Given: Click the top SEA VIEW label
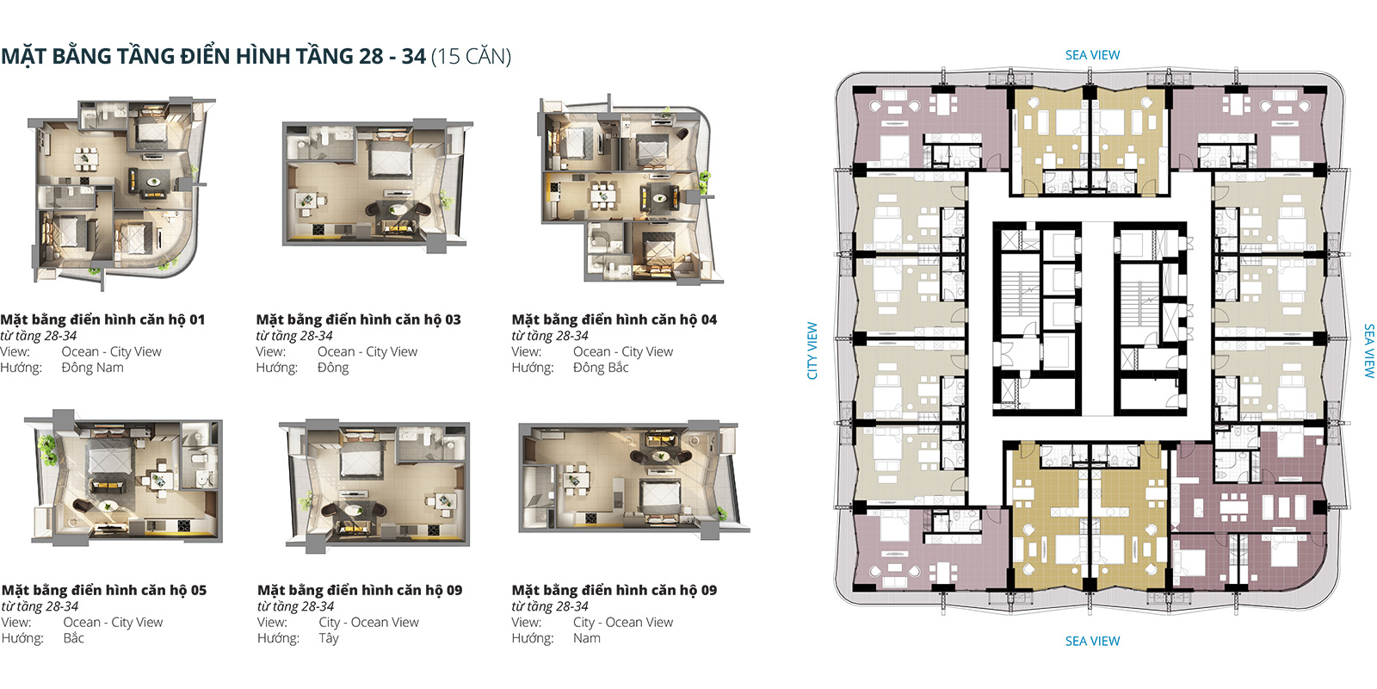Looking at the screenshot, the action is coord(1092,55).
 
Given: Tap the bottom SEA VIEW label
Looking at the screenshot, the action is coord(1092,641).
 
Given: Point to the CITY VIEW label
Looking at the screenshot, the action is coord(812,351).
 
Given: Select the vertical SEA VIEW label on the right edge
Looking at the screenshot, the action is coord(1369,351).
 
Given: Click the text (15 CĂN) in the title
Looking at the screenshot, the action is coord(472,57).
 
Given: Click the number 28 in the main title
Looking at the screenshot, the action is coord(371,57).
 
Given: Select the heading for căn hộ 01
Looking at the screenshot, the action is coord(102,320).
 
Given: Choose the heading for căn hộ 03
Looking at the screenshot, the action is coord(358,320).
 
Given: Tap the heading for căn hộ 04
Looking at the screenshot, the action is coord(614,320).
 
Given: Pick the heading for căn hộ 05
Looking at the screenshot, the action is coord(104,591).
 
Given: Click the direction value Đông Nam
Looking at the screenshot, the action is coord(92,368).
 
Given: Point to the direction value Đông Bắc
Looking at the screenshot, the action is coord(601,368).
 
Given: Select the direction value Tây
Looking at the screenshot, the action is coord(328,638).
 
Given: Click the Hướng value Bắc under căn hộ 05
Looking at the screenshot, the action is coord(73,638).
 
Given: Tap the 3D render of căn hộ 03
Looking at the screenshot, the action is coord(376,186).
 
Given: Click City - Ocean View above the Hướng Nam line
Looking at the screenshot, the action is coord(623,623).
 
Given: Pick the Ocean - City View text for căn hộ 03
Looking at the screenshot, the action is coord(367,352).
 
